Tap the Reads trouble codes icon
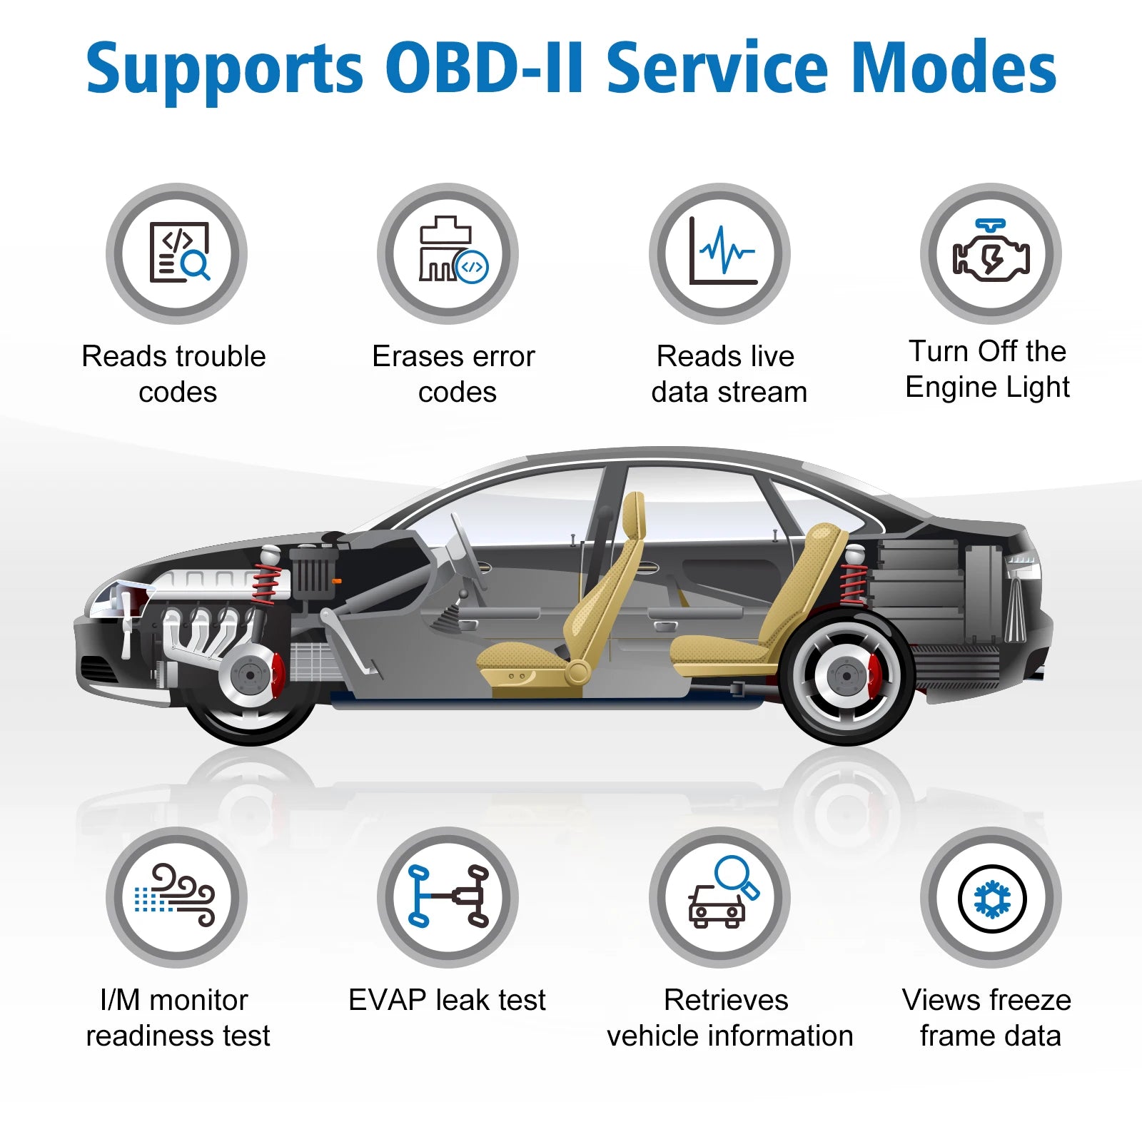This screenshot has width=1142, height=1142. click(x=177, y=253)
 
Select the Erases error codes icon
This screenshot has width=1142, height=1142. click(x=448, y=253)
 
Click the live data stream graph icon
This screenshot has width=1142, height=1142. click(x=719, y=253)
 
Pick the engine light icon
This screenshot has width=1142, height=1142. click(x=991, y=253)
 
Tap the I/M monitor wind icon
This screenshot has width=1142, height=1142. click(x=177, y=897)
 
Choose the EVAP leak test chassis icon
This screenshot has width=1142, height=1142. click(x=448, y=897)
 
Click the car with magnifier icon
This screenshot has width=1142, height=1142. click(x=719, y=897)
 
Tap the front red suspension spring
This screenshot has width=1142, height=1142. click(x=266, y=584)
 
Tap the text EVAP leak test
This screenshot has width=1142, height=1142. click(x=447, y=1000)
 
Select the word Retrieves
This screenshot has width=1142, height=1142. click(x=726, y=1000)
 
